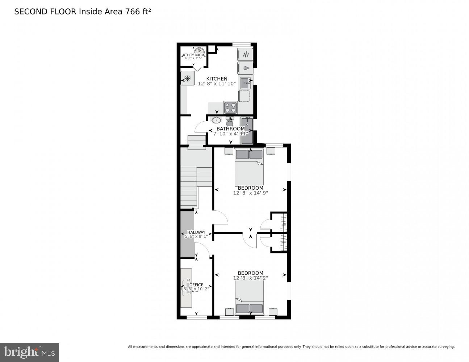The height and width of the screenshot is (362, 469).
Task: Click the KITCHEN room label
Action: [217, 79]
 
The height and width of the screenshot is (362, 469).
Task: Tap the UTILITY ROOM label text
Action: [193, 55]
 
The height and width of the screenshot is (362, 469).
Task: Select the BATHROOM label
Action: [230, 129]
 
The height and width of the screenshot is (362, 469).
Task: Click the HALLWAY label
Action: [196, 232]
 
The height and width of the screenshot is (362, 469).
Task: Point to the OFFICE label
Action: [196, 285]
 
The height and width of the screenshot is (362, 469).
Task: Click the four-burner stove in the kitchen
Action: [231, 108]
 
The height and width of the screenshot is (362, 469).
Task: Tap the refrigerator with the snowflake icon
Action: [188, 78]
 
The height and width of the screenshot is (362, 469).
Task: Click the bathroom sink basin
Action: [216, 120]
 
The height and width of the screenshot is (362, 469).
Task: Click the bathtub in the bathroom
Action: [247, 130]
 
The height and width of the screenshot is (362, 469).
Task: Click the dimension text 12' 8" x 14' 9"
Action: [250, 193]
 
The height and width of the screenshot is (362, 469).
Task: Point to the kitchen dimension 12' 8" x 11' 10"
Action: [217, 84]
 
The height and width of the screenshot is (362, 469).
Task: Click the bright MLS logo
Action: [29, 352]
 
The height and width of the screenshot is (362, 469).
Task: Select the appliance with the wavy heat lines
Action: [245, 54]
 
